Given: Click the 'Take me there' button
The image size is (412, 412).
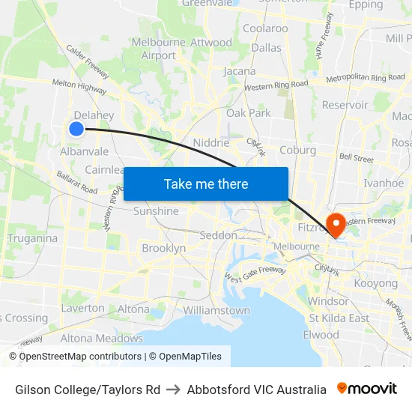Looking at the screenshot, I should coord(206,184).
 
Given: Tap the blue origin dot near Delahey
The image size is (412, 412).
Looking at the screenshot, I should coord(76,129).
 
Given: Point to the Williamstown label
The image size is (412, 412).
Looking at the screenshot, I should coord(216,310).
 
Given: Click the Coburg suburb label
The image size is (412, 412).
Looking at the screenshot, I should coord(297,150).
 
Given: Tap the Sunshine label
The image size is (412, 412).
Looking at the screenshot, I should coord(156,211).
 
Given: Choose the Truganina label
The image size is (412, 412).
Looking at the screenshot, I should coord(32,238).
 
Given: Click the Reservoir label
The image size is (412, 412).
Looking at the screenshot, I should coord(345,105).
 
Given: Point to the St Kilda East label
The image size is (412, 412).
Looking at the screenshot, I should coord(339,318).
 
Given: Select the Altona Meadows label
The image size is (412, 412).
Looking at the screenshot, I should coord(101,338).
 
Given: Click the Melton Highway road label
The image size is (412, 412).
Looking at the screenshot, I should coord(79,86).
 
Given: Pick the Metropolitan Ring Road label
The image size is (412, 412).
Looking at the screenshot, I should coord(366,78).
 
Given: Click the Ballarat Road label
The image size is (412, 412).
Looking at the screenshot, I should coord(77,182).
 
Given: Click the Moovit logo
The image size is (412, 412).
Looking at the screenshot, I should coord(366,389).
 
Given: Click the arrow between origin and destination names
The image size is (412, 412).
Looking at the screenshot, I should coord(173,390).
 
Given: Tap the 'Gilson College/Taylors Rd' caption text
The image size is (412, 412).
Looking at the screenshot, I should coord(88,390).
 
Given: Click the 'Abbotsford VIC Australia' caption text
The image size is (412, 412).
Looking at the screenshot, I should coord(256,390).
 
